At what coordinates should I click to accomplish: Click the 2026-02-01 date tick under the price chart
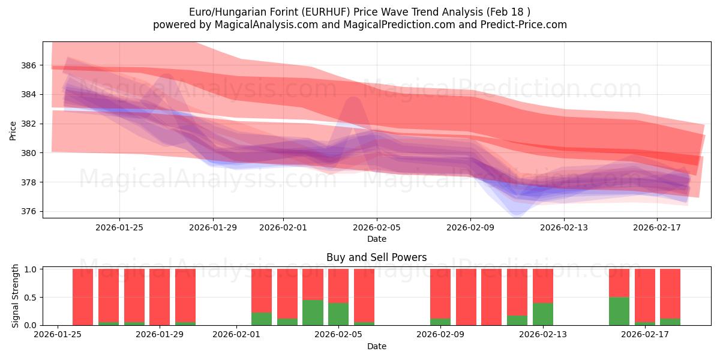[283, 227]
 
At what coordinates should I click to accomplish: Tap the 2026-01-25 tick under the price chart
[119, 227]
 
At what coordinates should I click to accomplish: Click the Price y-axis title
[13, 130]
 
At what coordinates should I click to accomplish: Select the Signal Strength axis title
[16, 296]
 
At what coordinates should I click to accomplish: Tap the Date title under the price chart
[376, 239]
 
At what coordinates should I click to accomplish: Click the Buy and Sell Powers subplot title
[376, 257]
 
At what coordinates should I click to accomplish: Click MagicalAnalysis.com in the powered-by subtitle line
[253, 25]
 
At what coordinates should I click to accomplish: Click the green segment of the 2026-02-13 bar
[543, 314]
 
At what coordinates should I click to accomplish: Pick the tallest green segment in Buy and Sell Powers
[619, 311]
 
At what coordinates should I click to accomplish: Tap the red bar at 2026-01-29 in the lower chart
[160, 297]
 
